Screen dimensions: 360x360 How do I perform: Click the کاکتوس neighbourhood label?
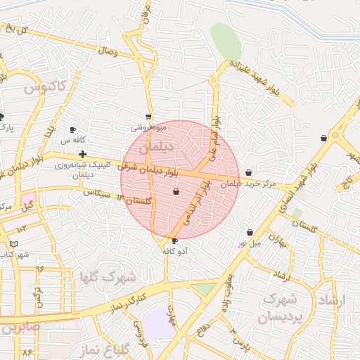pyautogui.click(x=44, y=88)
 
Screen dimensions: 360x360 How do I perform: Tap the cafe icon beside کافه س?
pyautogui.click(x=72, y=130)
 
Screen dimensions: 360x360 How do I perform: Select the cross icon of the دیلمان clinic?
pyautogui.click(x=83, y=154)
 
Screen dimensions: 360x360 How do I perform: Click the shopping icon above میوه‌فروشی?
pyautogui.click(x=148, y=117)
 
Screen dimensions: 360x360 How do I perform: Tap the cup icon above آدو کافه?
pyautogui.click(x=174, y=241)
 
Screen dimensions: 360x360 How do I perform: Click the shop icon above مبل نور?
pyautogui.click(x=250, y=232)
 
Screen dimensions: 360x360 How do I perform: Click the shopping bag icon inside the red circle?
pyautogui.click(x=176, y=191)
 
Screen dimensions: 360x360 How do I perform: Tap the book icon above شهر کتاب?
pyautogui.click(x=13, y=244)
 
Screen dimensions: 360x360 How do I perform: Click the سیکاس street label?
pyautogui.click(x=97, y=192)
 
